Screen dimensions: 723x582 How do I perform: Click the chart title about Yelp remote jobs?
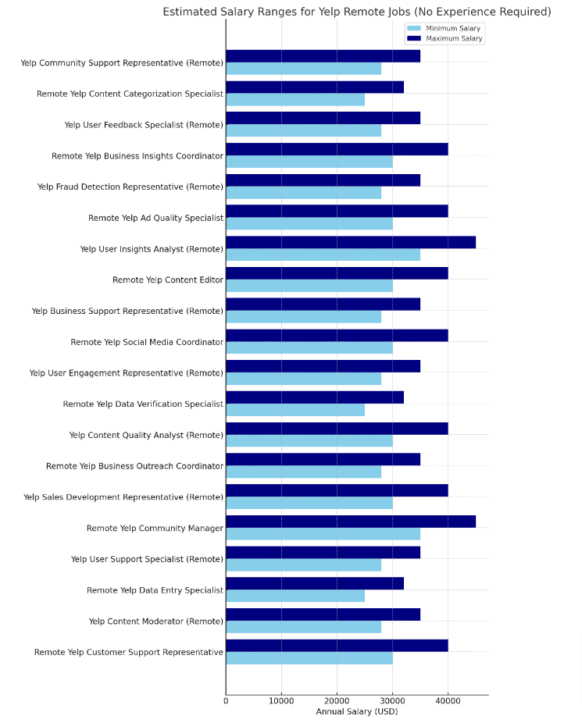pos(356,12)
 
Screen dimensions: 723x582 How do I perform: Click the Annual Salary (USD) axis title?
pos(356,712)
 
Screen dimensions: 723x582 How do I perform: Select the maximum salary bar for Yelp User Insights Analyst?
pos(350,242)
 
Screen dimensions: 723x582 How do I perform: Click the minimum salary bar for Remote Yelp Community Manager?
pos(323,534)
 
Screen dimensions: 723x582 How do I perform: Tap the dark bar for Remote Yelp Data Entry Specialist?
pos(314,583)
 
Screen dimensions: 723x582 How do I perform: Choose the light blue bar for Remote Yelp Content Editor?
pos(309,286)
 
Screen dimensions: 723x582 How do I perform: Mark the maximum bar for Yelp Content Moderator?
pos(323,614)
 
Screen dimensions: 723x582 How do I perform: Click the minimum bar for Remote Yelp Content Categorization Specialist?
pos(295,100)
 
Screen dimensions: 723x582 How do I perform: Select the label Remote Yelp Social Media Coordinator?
pos(146,342)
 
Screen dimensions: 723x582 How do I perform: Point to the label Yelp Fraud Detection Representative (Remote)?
pos(130,187)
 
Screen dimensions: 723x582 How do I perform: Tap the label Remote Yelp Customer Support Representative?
pos(128,652)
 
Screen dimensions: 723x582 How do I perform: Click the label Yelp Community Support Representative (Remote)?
pos(122,63)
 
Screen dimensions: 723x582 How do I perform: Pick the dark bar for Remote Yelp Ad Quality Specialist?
pos(337,211)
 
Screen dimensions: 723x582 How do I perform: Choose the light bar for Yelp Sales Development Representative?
pos(309,503)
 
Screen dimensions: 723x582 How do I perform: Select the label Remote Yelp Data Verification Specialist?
pos(143,404)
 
